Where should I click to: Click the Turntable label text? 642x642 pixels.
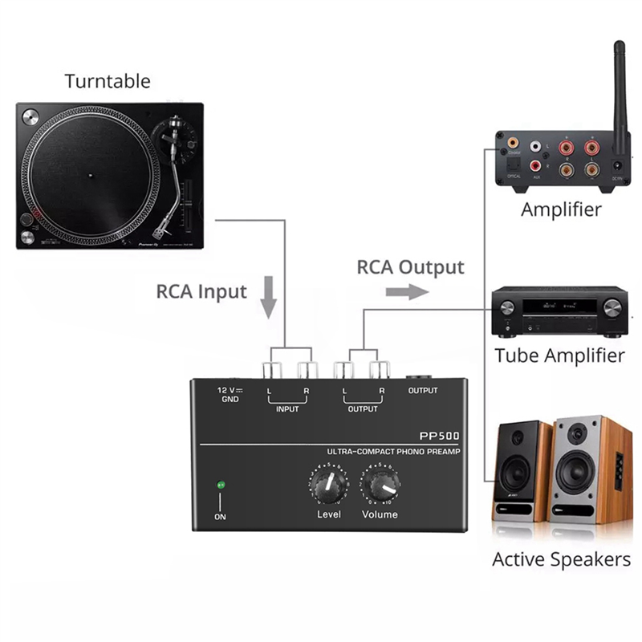coord(108,81)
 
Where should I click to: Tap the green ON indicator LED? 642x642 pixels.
coord(219,485)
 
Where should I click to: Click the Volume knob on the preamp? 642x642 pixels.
coord(380,484)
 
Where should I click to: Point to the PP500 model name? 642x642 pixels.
coord(439,436)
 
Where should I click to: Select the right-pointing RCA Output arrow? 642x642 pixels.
coord(407,292)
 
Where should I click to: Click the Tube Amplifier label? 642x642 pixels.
coord(559,355)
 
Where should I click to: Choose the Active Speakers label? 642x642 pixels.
coord(561,559)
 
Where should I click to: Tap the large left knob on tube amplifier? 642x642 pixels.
coord(507,308)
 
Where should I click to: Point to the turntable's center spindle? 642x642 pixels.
coord(91,172)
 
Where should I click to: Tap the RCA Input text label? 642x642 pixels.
coord(201,291)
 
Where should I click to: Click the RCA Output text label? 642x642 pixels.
coord(410,266)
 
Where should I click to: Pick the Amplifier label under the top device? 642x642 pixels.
coord(561,210)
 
